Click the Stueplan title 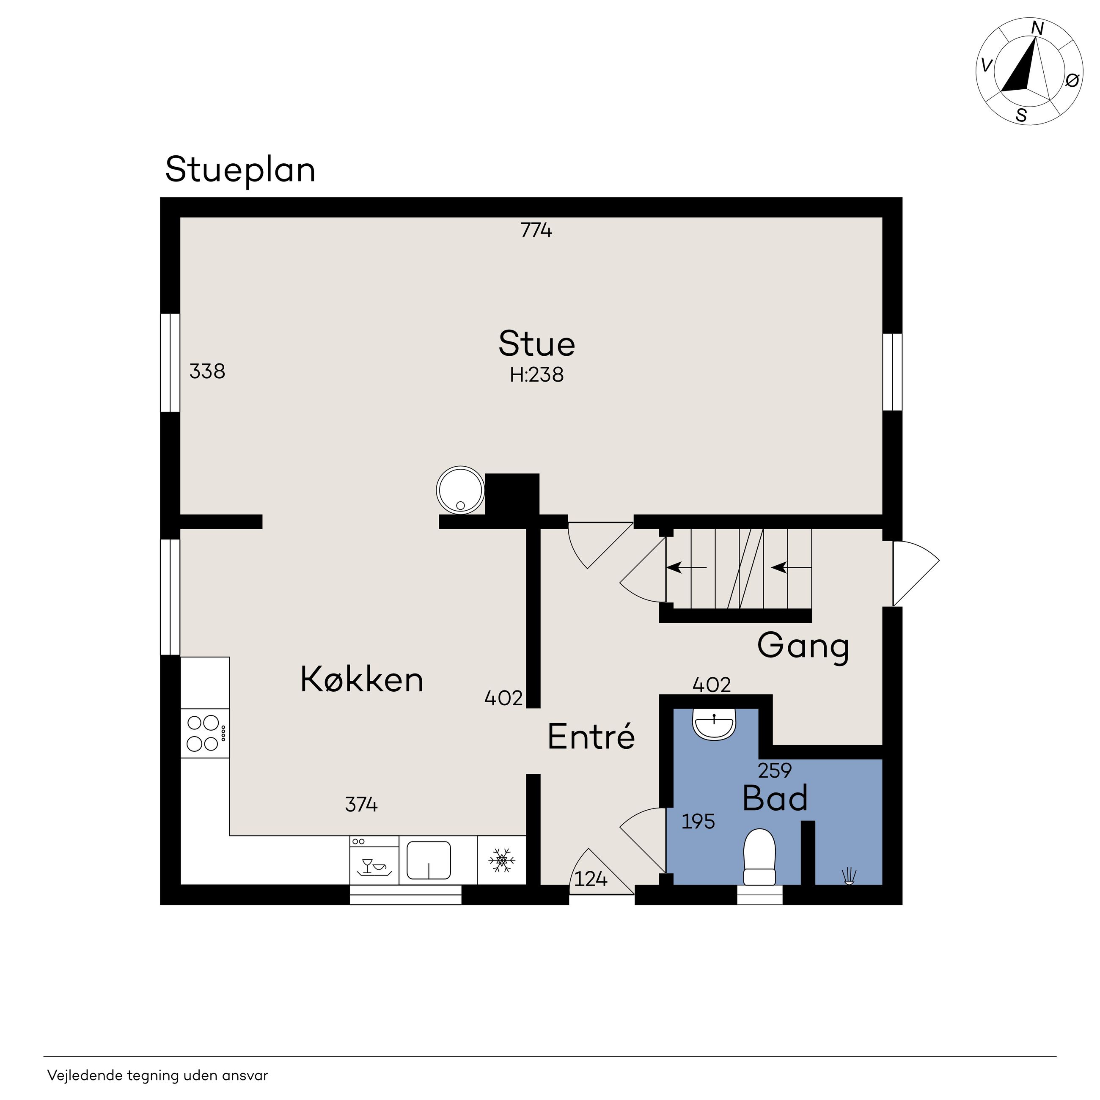[240, 170]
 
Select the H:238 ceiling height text [536, 375]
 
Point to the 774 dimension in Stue [536, 230]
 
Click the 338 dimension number [207, 371]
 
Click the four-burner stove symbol [205, 733]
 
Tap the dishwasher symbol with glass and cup [374, 860]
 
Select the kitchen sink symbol [429, 860]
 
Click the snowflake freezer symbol [502, 860]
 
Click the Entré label [591, 736]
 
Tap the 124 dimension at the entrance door [591, 879]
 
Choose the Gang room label [803, 646]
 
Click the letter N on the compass [1037, 28]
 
